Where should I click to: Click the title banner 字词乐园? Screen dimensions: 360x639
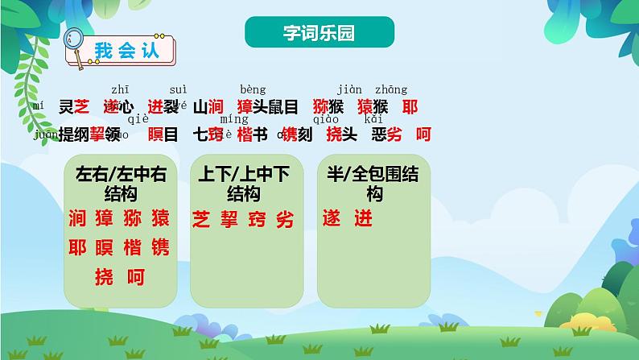coord(319,33)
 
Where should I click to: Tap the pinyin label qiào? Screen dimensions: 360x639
coord(336,119)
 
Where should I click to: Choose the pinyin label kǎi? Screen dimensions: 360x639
coord(373,119)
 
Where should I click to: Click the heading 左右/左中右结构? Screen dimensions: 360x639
coord(120,184)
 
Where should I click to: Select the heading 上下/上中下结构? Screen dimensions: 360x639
coord(243,184)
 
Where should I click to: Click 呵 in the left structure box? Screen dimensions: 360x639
coord(136,278)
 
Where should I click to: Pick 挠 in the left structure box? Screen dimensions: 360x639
coord(104,278)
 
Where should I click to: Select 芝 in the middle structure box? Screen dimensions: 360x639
coord(201,220)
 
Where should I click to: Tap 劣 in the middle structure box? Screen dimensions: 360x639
coord(284,220)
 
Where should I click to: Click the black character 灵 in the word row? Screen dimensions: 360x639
coord(66,106)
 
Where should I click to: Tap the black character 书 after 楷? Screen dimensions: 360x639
coord(259,134)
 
